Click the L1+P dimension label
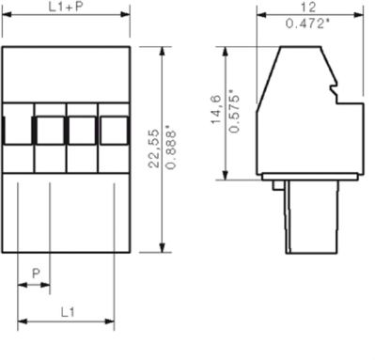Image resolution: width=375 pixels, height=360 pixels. tap(65, 7)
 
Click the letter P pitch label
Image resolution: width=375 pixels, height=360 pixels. tap(36, 273)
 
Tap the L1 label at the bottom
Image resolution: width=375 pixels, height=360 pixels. tap(68, 310)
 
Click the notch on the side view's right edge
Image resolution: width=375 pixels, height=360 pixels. tap(332, 90)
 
